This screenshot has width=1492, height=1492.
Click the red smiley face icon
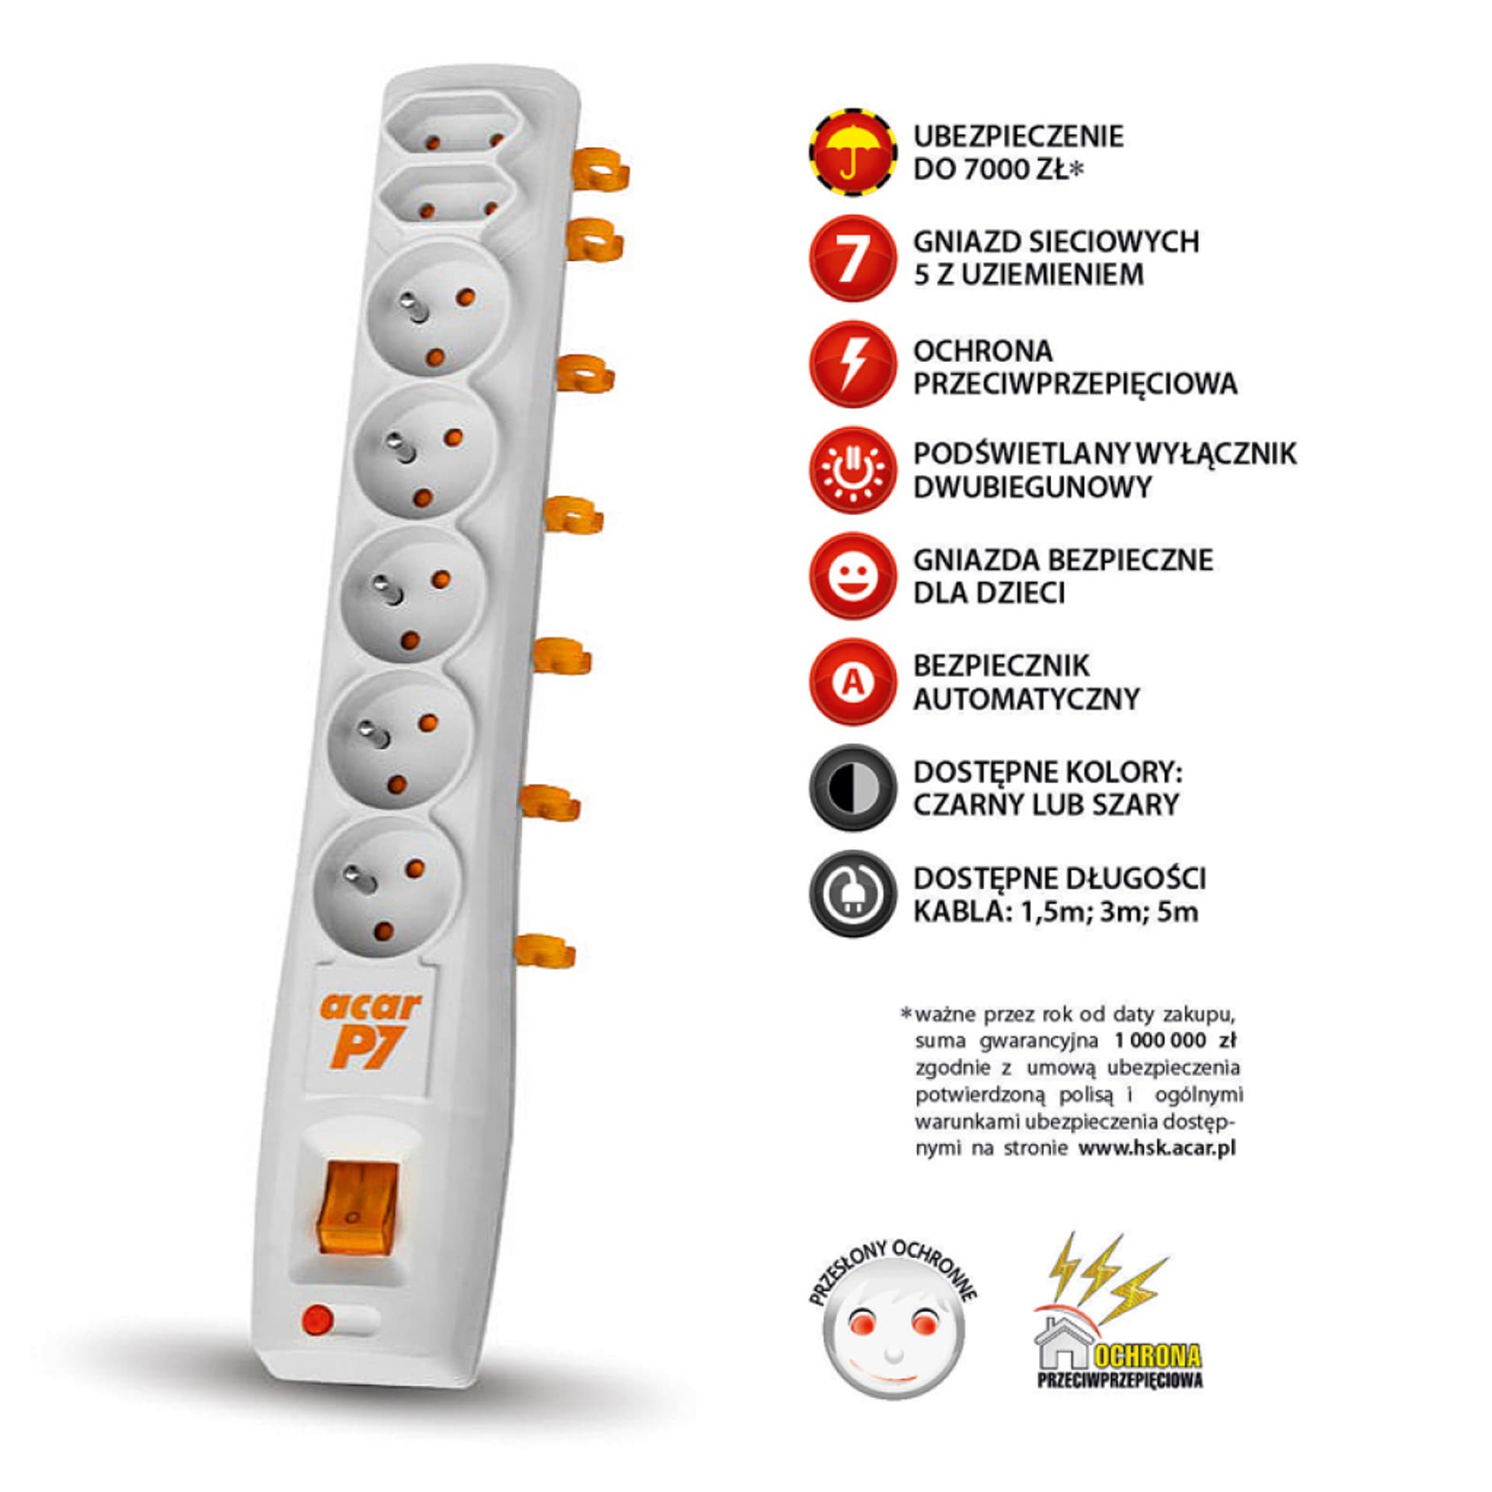click(852, 576)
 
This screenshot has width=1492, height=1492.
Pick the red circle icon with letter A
click(852, 682)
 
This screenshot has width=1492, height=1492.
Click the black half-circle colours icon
click(852, 788)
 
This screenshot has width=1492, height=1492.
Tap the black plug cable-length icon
click(852, 894)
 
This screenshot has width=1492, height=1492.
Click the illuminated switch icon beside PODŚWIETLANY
click(852, 470)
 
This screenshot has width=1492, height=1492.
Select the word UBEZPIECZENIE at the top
click(1019, 136)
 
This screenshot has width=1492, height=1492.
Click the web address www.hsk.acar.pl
click(1157, 1148)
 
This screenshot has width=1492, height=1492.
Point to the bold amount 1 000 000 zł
click(1174, 1040)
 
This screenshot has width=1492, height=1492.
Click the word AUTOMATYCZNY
click(1027, 699)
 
